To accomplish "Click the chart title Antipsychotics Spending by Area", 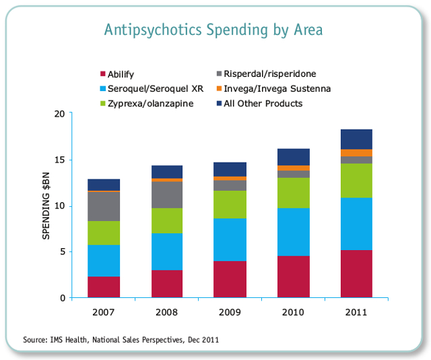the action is point(213,30).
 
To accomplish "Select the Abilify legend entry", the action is point(117,74).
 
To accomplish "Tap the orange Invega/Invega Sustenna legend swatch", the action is point(219,88).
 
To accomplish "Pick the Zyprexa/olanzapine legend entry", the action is point(147,104).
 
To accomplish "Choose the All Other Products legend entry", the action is point(259,104).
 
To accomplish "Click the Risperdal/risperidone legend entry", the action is point(266,73).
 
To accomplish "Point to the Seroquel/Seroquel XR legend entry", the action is point(152,88).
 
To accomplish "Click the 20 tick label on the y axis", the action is point(59,114).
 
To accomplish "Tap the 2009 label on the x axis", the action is point(230,312).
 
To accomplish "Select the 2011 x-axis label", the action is point(356,312).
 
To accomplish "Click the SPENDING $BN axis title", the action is point(46,206).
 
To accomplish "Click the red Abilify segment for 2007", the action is point(104,287).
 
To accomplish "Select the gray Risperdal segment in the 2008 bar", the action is point(167,195).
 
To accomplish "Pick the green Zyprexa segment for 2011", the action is point(356,181).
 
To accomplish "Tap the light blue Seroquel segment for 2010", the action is point(294,232).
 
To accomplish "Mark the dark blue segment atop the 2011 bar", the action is point(356,140).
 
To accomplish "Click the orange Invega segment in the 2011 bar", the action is point(356,153).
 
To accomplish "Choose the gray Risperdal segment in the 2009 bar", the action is point(230,185).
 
